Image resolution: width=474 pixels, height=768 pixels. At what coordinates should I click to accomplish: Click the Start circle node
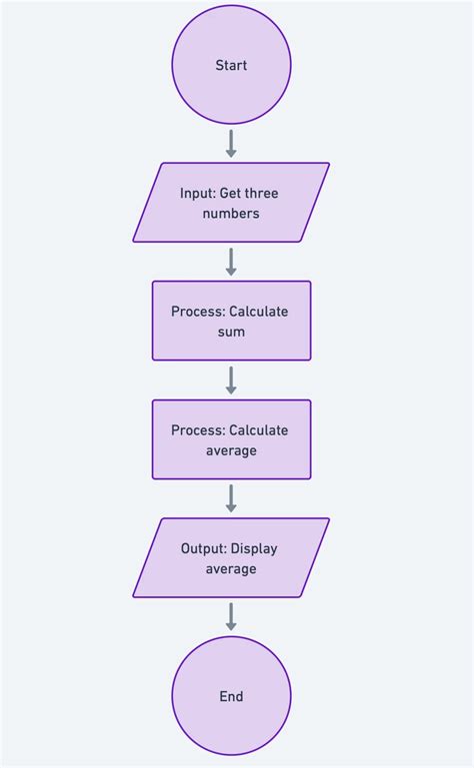pyautogui.click(x=231, y=66)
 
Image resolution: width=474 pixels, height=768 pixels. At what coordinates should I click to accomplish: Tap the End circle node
pyautogui.click(x=231, y=696)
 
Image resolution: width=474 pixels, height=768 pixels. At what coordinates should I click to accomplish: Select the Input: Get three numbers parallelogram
pyautogui.click(x=231, y=203)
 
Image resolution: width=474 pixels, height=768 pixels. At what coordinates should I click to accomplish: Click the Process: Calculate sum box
pyautogui.click(x=231, y=321)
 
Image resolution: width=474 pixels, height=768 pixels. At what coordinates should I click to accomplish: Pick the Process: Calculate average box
pyautogui.click(x=231, y=439)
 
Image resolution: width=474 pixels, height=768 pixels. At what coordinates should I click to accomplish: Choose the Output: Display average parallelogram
pyautogui.click(x=231, y=557)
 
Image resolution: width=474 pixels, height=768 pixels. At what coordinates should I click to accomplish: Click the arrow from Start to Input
pyautogui.click(x=231, y=143)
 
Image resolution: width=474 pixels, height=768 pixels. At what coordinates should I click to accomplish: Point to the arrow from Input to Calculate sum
pyautogui.click(x=231, y=262)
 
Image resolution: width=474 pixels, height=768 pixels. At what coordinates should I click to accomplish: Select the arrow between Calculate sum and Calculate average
pyautogui.click(x=231, y=380)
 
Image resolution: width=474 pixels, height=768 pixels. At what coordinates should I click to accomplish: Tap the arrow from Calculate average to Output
pyautogui.click(x=231, y=498)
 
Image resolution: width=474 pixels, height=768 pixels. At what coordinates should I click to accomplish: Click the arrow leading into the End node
pyautogui.click(x=231, y=616)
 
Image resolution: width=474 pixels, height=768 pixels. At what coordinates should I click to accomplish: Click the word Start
pyautogui.click(x=231, y=66)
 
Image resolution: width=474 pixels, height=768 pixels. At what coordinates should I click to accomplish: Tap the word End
pyautogui.click(x=231, y=697)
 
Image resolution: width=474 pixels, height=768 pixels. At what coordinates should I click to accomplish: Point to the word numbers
pyautogui.click(x=231, y=214)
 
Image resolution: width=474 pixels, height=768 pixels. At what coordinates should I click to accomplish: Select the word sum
pyautogui.click(x=231, y=332)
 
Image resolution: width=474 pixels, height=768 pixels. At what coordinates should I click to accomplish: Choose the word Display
pyautogui.click(x=256, y=548)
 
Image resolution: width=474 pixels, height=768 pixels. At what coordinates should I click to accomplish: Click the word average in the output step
pyautogui.click(x=231, y=569)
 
